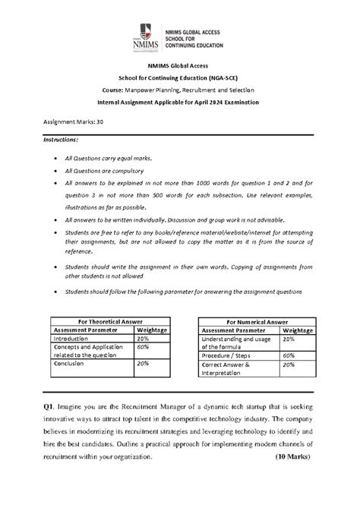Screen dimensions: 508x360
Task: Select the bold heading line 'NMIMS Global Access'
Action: point(179,67)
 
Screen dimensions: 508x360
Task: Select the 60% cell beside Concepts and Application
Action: point(142,346)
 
